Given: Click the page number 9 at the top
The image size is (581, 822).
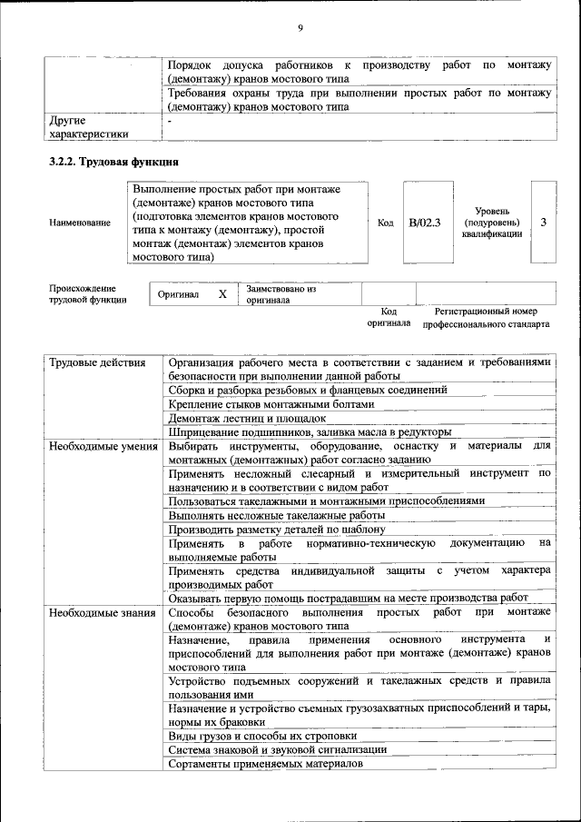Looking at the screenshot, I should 300,29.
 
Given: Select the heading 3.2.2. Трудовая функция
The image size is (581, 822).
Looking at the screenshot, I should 113,163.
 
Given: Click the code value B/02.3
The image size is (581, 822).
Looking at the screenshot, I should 424,223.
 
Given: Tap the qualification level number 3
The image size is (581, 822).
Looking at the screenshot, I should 543,223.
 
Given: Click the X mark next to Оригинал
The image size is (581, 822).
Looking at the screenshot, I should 222,295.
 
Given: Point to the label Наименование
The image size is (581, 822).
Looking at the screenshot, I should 81,223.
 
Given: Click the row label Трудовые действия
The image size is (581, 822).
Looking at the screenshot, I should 97,362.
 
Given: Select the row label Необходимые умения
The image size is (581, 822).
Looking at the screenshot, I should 103,446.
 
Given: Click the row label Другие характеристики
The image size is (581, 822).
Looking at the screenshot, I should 88,126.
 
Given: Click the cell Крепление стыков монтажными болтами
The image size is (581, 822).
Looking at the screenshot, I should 271,404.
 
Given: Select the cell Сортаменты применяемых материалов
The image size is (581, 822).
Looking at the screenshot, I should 265,763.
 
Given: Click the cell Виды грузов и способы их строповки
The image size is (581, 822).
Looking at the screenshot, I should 262,736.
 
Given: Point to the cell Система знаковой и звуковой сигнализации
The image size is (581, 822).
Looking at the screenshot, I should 278,749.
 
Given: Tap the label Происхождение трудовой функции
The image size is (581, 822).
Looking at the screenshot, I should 88,293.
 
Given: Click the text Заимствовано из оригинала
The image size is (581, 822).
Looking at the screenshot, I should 281,294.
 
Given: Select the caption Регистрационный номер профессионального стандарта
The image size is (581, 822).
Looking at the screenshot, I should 486,317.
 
